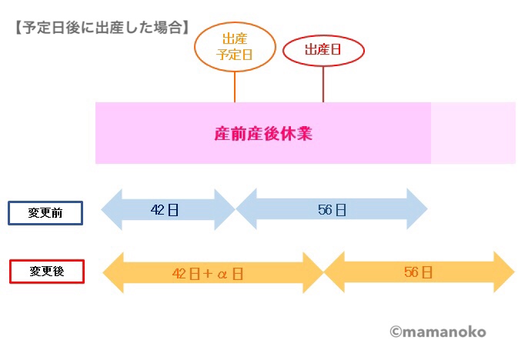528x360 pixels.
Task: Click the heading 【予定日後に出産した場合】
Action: (x=101, y=28)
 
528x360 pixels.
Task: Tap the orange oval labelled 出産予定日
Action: (x=234, y=46)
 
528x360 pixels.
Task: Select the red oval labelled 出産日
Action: (x=322, y=51)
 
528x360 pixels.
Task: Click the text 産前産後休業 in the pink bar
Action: (x=262, y=133)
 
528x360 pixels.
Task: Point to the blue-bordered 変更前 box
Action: (x=45, y=213)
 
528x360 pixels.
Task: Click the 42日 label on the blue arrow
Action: (x=165, y=210)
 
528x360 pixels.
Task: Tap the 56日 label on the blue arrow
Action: (x=332, y=210)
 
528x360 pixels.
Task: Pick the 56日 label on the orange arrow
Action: (x=418, y=272)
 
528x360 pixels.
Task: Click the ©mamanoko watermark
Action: (x=437, y=332)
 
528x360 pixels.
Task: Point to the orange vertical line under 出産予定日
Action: (x=235, y=84)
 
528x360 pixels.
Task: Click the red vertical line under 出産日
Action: (x=323, y=84)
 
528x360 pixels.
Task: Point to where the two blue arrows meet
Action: (x=235, y=210)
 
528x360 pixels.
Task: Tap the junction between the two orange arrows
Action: (x=323, y=273)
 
